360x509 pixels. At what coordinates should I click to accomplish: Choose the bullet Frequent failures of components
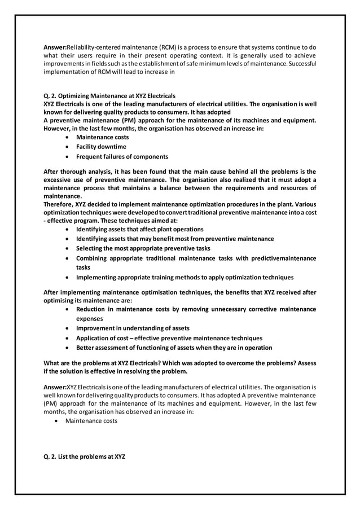[122, 156]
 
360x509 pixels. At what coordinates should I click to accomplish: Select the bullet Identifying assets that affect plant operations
[140, 229]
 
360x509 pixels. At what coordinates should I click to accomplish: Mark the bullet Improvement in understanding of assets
[133, 328]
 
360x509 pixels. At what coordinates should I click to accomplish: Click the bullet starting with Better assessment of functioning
[174, 348]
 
